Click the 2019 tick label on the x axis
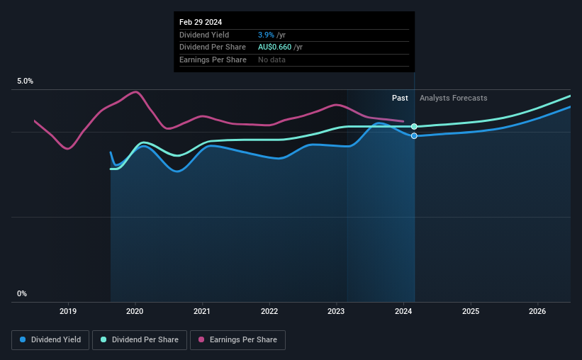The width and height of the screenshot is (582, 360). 68,310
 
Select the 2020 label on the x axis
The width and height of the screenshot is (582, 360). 135,310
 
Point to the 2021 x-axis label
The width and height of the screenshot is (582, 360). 202,310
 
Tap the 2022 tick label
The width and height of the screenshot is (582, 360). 269,310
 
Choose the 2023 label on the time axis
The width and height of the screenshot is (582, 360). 336,310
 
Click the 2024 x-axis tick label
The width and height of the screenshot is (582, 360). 403,310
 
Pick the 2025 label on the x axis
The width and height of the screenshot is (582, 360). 471,310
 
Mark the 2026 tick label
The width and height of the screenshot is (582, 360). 537,310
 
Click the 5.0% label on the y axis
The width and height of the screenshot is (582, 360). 25,81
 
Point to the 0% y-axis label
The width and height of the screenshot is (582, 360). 22,293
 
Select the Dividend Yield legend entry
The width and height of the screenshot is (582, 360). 51,340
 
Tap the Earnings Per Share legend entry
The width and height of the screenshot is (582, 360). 237,340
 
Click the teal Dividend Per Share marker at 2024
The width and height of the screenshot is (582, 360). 414,127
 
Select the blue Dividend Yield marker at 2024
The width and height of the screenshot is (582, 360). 414,135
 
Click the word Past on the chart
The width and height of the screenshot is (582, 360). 400,98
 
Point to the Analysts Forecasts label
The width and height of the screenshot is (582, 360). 453,98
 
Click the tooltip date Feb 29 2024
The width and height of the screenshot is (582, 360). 201,22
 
